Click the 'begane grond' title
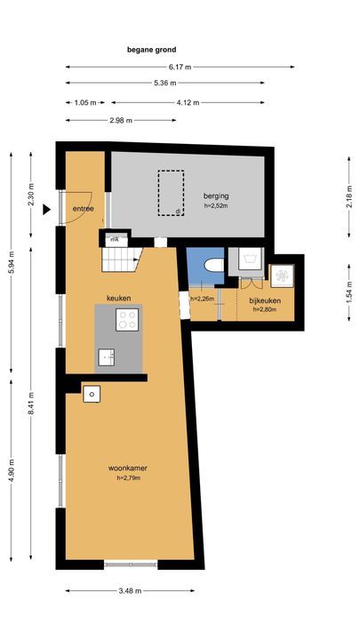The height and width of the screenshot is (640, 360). pos(151,50)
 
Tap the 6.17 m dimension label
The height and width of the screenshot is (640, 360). pos(180,67)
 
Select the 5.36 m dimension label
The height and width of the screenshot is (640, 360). pos(165,83)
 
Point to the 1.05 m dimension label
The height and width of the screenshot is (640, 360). pos(85,103)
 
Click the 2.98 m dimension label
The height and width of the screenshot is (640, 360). pos(121,120)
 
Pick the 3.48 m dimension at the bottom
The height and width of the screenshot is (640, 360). pos(130,590)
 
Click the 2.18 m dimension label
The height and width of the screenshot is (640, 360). pos(349,196)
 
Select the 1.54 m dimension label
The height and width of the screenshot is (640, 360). pos(349,292)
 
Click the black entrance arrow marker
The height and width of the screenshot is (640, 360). pos(46,210)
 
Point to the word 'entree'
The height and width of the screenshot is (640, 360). pos(84,209)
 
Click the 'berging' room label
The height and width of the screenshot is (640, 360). pos(216,196)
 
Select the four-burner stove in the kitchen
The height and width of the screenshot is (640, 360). pos(127,320)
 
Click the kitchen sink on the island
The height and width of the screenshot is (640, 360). pos(106,357)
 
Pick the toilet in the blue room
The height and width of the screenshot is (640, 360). pos(214,266)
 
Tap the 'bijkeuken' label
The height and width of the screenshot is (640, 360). pos(265,300)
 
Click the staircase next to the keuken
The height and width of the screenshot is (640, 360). pos(121,260)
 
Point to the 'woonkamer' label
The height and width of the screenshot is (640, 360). pos(128,468)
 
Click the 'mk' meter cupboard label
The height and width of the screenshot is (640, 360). pos(115,240)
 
